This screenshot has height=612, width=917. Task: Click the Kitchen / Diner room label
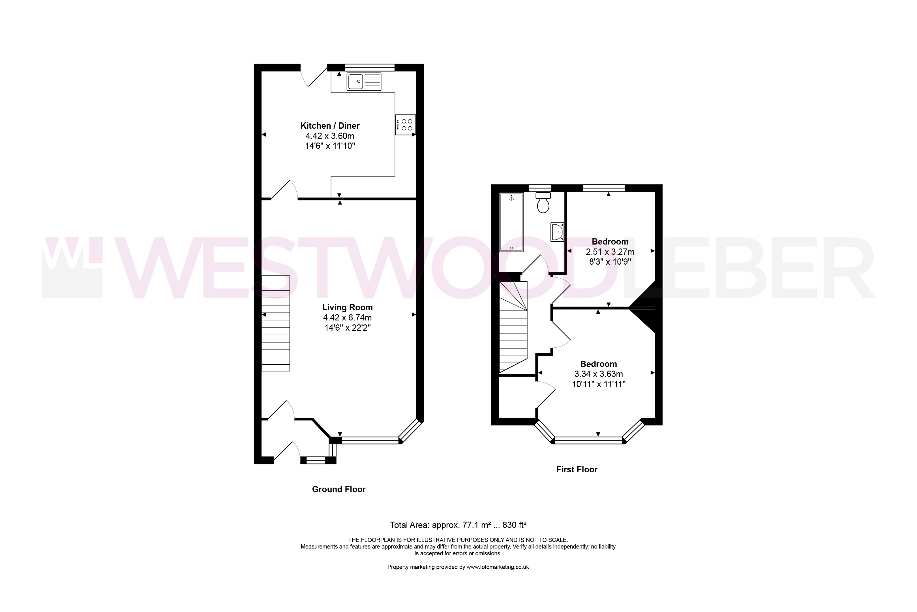point(330,126)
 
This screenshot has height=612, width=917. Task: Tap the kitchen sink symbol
point(364,82)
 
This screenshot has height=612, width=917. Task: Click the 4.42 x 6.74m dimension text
point(347,318)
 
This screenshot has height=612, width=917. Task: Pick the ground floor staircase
point(276,323)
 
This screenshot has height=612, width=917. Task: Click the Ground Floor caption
point(339,489)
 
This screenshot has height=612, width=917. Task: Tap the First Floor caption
point(577,469)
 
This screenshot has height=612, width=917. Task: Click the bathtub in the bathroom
point(511,222)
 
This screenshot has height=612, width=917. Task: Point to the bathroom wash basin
point(558,232)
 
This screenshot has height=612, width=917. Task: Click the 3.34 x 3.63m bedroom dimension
point(599,374)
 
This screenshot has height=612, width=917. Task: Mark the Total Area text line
point(458,525)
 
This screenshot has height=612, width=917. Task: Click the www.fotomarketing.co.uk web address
point(498,567)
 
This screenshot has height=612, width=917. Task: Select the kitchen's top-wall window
point(370,67)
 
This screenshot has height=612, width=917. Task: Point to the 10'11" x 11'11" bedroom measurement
point(599,384)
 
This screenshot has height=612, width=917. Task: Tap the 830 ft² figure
point(515,525)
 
